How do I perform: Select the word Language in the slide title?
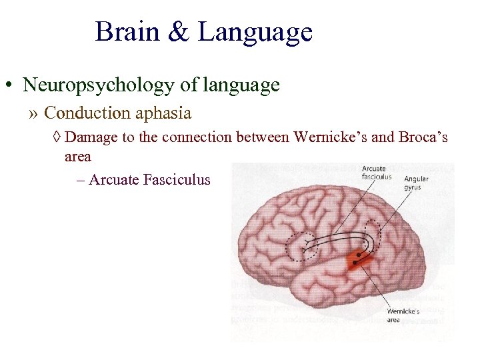255,32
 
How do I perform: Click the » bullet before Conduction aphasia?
34,114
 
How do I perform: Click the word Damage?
91,138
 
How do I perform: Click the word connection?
213,138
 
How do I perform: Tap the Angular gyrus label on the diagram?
416,183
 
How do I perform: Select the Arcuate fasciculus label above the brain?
375,172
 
